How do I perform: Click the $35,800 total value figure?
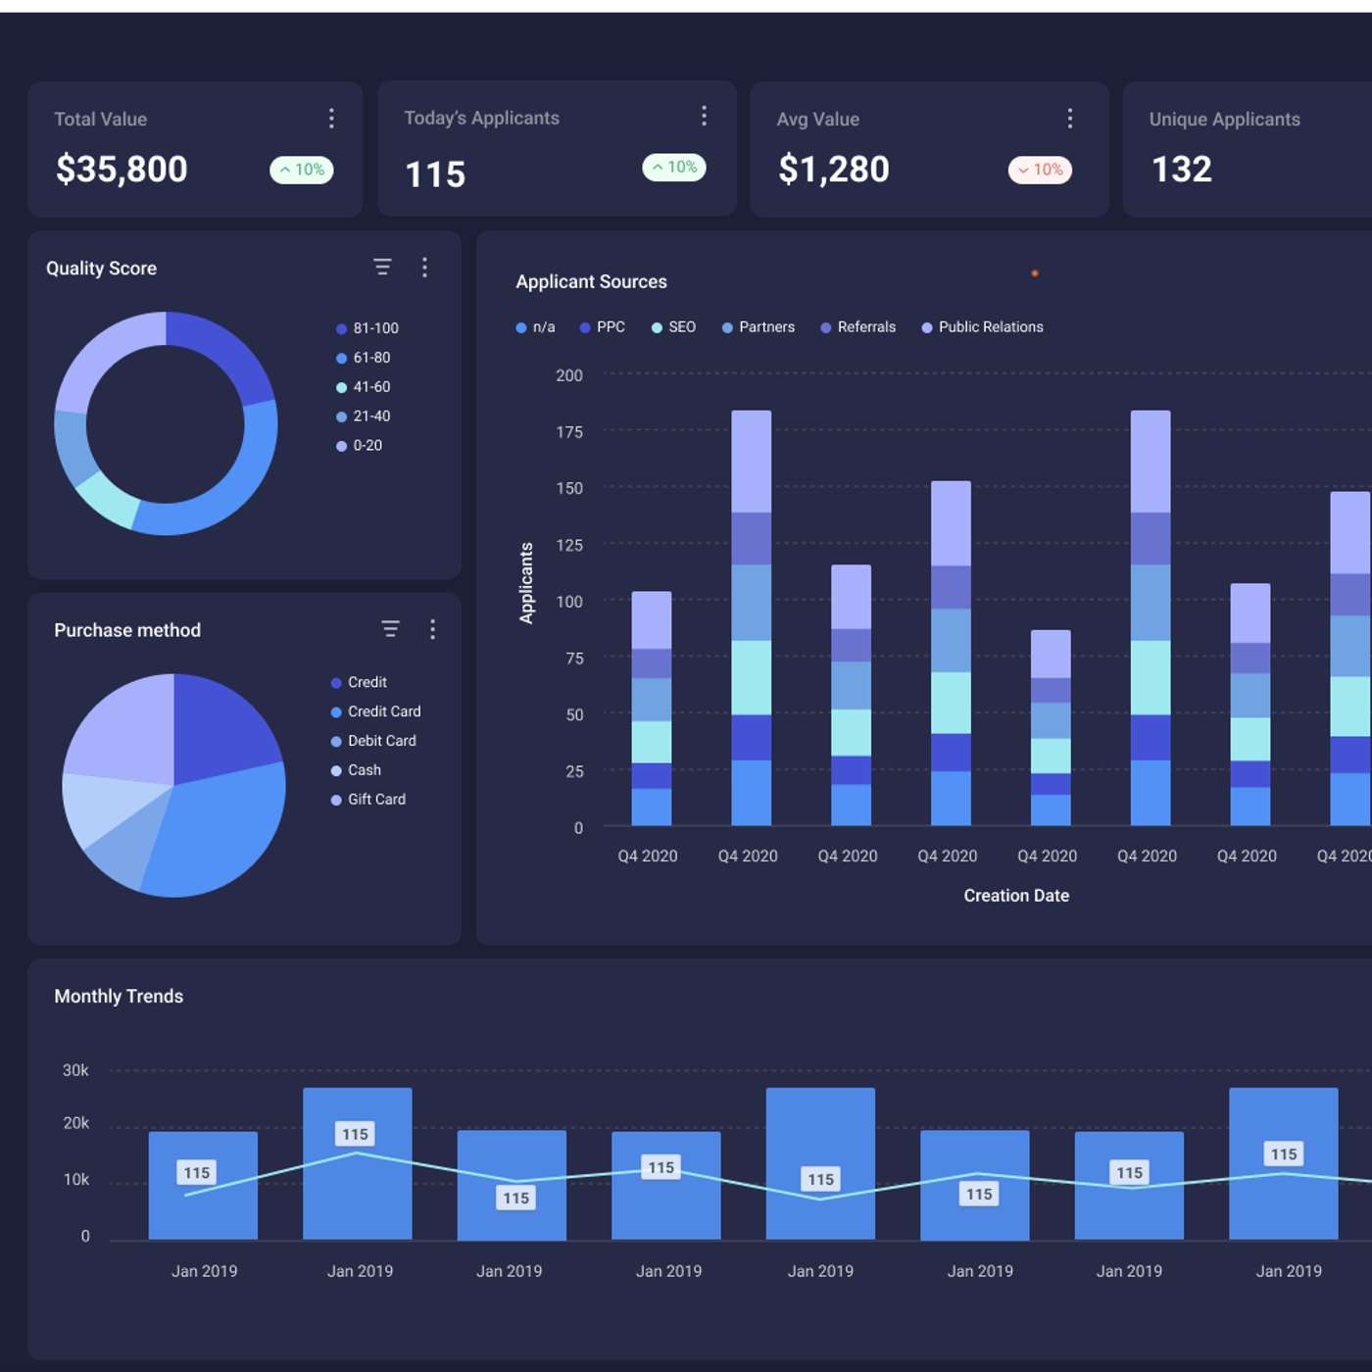[x=122, y=170]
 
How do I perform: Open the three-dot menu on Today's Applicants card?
[x=704, y=117]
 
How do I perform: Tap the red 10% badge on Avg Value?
[x=1040, y=171]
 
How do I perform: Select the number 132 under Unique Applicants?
[x=1181, y=170]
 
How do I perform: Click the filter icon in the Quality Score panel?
[x=382, y=268]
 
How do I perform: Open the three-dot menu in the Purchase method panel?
[x=432, y=629]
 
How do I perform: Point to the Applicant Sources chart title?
[x=591, y=282]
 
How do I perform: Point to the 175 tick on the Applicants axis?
[x=568, y=432]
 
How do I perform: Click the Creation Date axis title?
[x=1016, y=896]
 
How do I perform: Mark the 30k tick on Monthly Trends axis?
[x=75, y=1070]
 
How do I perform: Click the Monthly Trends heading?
[x=119, y=997]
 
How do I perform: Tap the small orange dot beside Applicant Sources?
[x=1035, y=273]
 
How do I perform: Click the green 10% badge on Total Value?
[x=302, y=171]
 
